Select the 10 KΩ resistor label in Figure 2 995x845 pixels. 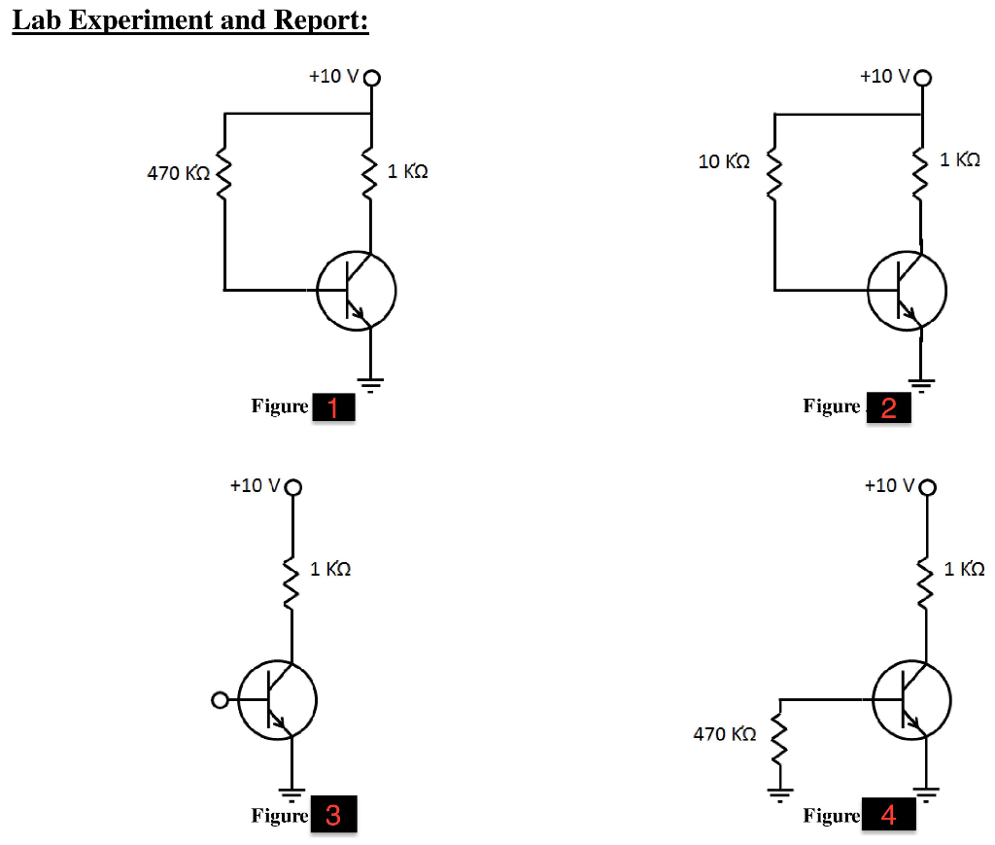725,161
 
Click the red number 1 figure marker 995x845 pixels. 332,408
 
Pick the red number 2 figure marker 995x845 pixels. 888,408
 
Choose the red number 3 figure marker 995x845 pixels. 333,815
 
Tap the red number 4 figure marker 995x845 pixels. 888,815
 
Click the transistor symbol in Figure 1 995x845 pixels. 356,290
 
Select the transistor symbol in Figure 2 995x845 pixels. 907,289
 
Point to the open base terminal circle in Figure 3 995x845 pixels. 220,699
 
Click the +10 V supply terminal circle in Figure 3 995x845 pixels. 292,486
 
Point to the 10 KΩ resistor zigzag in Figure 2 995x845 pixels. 774,175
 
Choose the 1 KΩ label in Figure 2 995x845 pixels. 960,159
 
